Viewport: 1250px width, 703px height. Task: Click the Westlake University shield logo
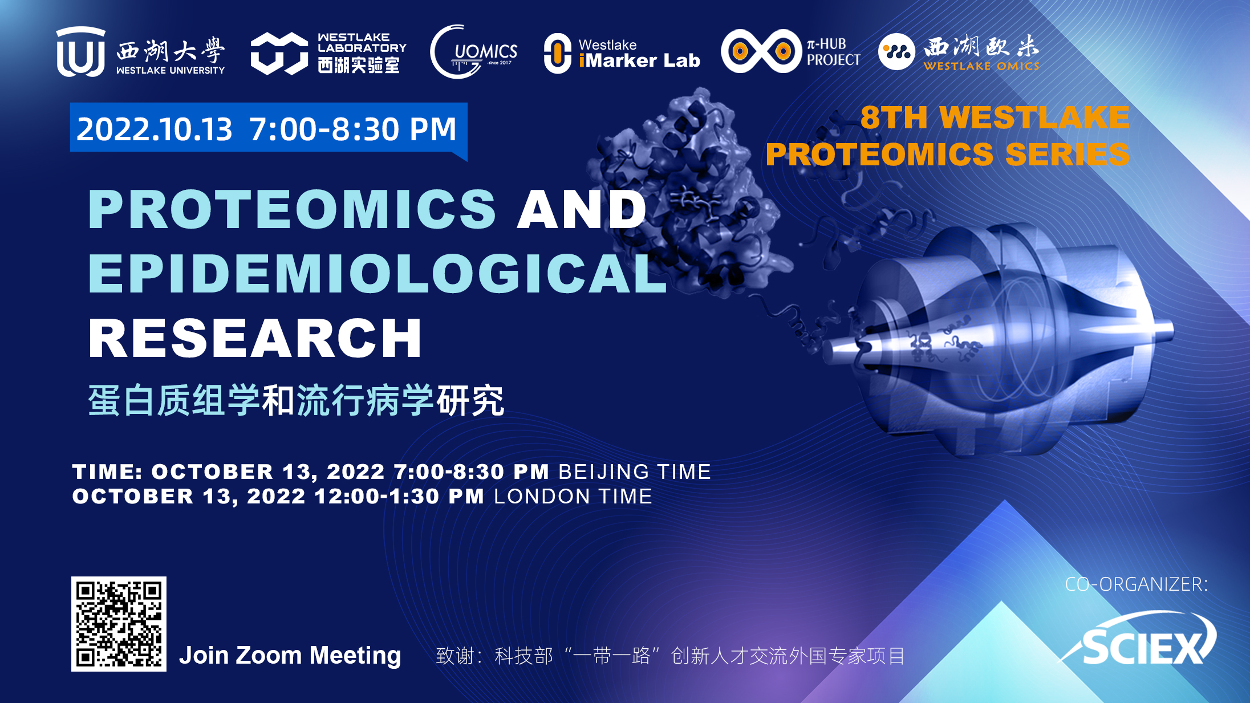(x=80, y=51)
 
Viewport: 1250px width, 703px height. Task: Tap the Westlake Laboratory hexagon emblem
(x=279, y=54)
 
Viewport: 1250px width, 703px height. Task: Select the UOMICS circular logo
(x=473, y=52)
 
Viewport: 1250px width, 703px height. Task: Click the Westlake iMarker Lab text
(x=639, y=54)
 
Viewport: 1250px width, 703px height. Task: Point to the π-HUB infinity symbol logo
(x=761, y=51)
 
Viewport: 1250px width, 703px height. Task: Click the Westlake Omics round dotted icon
(x=896, y=52)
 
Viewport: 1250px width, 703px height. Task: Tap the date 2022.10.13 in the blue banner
(x=155, y=129)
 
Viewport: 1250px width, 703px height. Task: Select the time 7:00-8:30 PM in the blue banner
(x=353, y=129)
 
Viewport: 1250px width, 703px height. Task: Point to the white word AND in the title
(x=582, y=210)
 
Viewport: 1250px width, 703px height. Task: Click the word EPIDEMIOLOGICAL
(x=378, y=274)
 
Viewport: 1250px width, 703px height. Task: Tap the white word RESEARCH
(x=255, y=338)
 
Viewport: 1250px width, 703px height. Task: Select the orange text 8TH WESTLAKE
(x=995, y=117)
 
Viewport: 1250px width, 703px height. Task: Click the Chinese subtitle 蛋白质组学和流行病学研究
(x=296, y=400)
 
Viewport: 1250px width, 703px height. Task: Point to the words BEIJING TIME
(x=635, y=472)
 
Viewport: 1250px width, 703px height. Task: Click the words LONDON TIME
(x=573, y=497)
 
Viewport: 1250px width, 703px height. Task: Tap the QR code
(x=119, y=624)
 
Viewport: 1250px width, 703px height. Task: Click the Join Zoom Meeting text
(x=290, y=656)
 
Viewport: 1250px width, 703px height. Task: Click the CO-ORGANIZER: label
(x=1137, y=584)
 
